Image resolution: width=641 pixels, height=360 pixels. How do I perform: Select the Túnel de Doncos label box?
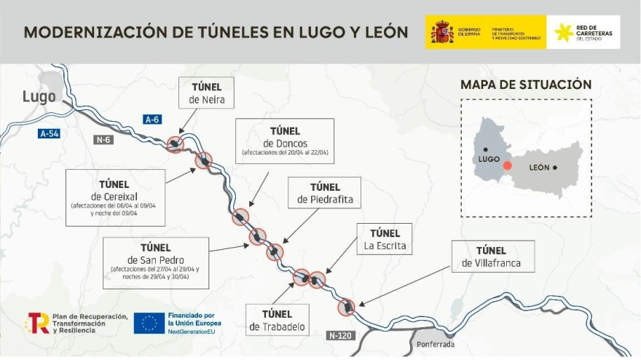(x=285, y=141)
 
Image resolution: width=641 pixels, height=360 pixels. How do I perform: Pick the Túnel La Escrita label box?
(x=385, y=239)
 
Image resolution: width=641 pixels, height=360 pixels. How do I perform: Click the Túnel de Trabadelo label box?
(x=277, y=321)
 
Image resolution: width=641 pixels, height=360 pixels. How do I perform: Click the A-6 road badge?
(x=152, y=120)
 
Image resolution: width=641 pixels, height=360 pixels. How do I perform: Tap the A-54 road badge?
(x=49, y=133)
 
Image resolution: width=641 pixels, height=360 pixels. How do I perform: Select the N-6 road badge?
(x=103, y=138)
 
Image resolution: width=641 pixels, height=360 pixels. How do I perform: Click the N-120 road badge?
(x=340, y=336)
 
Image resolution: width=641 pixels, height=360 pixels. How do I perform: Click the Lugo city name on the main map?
(x=39, y=96)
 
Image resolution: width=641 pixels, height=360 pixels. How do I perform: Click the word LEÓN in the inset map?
(x=540, y=168)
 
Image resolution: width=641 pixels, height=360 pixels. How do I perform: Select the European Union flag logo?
(x=149, y=323)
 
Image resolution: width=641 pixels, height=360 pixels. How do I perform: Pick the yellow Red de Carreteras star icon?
(x=562, y=32)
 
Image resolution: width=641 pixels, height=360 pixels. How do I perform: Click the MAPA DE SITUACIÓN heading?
(x=525, y=85)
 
